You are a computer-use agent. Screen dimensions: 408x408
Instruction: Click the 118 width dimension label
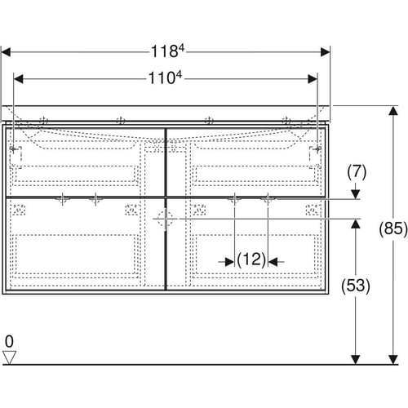pos(167,51)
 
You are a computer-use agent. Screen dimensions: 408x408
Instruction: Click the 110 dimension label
pos(165,78)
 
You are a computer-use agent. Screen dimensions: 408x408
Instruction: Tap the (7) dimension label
pos(357,172)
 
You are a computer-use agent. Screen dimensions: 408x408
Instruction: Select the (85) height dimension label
pos(393,228)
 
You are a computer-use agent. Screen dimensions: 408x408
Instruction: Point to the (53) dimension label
pos(356,286)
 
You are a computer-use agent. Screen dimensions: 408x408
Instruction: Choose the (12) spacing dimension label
pos(251,259)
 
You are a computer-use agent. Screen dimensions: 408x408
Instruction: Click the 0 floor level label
pos(9,341)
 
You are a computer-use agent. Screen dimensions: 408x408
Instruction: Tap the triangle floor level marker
pos(9,357)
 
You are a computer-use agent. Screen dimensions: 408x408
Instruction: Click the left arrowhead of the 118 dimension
pos(6,52)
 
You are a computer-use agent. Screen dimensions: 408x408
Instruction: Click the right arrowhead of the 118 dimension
pos(326,52)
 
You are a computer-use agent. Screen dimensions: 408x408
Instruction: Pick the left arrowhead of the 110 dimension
pos(18,79)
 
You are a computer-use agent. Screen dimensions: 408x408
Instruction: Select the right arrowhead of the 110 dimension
pos(313,79)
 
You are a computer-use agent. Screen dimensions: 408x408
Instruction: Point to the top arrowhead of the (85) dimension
pos(393,111)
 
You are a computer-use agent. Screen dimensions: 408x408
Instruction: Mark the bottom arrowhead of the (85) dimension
pos(393,360)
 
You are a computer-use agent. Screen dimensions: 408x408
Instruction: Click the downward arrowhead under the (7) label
pos(356,194)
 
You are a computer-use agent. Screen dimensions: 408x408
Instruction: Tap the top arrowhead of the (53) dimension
pos(356,224)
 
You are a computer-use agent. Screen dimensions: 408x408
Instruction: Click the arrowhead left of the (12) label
pos(230,262)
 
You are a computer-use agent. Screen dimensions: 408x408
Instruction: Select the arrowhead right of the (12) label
pos(273,262)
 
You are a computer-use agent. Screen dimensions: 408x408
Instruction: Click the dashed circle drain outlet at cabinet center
pos(165,219)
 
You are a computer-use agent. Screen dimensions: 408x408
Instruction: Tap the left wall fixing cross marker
pos(13,149)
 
